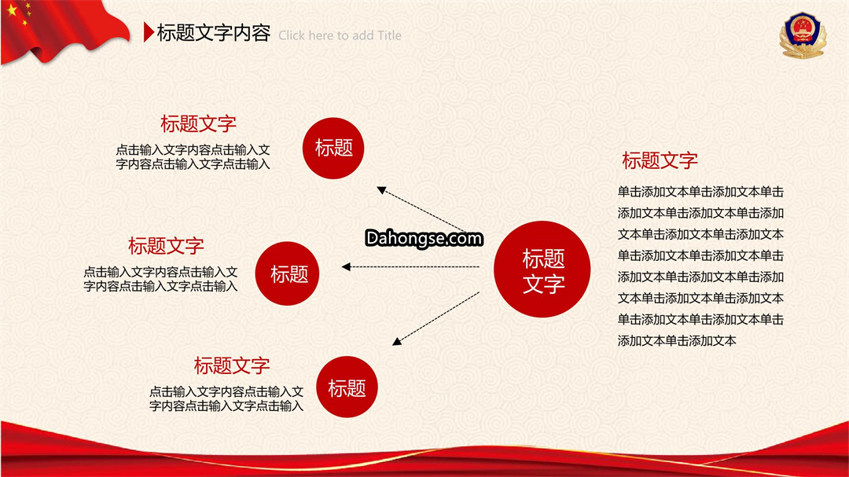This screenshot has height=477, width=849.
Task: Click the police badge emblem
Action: [x=803, y=35]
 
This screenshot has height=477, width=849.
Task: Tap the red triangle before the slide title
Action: [x=149, y=32]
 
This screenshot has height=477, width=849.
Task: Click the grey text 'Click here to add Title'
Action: [x=340, y=35]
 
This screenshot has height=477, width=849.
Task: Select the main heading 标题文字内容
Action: [x=213, y=33]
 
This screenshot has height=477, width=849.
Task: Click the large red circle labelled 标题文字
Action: [x=542, y=269]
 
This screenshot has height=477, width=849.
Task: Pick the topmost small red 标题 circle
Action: [x=333, y=148]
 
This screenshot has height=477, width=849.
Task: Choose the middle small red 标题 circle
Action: [x=287, y=273]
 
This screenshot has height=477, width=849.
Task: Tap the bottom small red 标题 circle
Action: [x=347, y=387]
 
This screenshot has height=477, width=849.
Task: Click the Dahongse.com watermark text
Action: [x=424, y=238]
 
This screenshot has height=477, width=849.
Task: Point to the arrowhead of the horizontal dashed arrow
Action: [x=346, y=266]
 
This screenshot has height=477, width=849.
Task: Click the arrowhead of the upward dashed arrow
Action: [x=381, y=190]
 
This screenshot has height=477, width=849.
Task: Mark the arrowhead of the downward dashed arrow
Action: [x=396, y=341]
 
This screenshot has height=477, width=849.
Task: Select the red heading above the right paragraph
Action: [x=660, y=160]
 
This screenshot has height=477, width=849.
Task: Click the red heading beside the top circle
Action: [x=198, y=123]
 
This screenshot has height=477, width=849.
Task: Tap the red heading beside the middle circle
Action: [x=166, y=246]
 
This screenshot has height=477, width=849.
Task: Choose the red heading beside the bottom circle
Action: [x=232, y=365]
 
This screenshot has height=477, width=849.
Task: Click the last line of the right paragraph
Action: [x=677, y=340]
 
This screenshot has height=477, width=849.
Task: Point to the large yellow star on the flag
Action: [x=11, y=9]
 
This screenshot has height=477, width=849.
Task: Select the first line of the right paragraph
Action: [x=700, y=192]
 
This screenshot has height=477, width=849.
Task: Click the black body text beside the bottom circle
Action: [x=226, y=398]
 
